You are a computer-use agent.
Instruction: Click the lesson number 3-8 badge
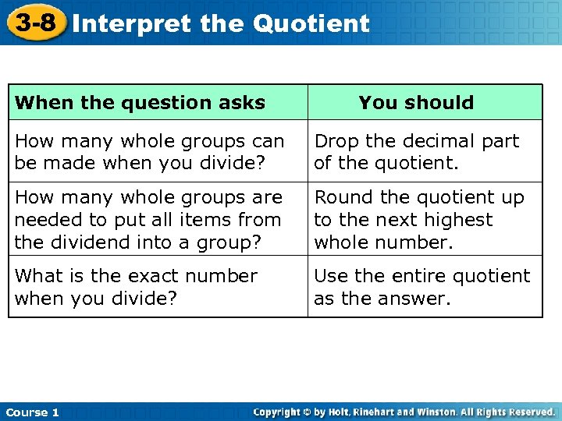[x=35, y=22]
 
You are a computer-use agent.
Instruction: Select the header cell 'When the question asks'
[x=140, y=103]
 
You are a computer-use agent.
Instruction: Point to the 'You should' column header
[x=416, y=103]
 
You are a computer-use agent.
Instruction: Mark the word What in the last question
[x=36, y=276]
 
